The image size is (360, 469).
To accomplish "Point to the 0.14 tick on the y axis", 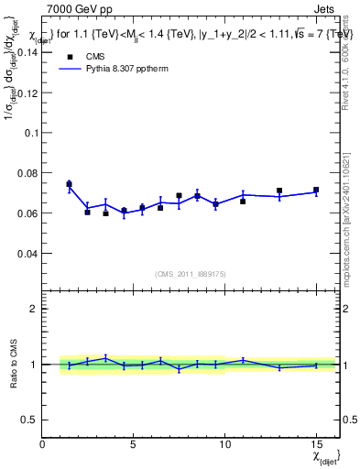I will (x=27, y=52).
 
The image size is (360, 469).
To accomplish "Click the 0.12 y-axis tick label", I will (x=27, y=93).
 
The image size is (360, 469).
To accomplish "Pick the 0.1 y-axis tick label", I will (x=30, y=133).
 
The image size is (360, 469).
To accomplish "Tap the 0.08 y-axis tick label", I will (x=27, y=172).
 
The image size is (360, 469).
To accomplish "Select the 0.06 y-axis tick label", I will (x=27, y=213).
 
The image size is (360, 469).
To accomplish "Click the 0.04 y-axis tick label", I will (x=27, y=253).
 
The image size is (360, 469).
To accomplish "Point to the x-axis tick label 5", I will (x=134, y=443).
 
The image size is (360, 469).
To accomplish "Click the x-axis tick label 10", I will (x=224, y=443).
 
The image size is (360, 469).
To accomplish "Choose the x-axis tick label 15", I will (x=316, y=443).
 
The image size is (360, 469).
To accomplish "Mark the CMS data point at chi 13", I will (x=279, y=191).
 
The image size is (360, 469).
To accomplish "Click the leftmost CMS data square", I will (x=69, y=184).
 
